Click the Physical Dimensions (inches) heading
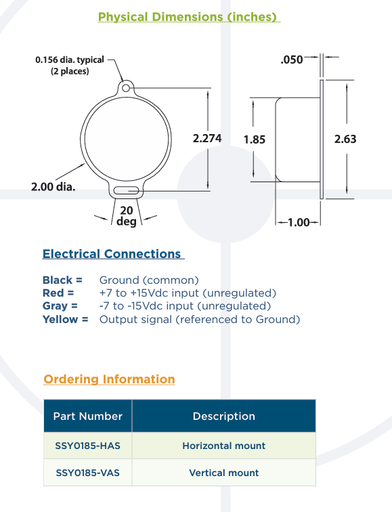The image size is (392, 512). pos(189,17)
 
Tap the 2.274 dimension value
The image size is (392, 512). pos(207,138)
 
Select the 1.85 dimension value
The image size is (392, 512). pos(255,140)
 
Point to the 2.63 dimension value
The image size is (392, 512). pos(345,139)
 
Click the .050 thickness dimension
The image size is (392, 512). pos(292,60)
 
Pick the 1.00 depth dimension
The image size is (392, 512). pos(299,222)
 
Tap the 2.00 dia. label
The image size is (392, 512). pos(53,187)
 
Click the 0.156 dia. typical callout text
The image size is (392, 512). pos(70,60)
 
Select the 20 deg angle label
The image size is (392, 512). pos(127,215)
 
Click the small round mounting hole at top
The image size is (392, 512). pos(126,88)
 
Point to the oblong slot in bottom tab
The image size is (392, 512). pos(126,190)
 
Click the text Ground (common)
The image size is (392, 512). pos(149,280)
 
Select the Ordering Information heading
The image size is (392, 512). pos(109,379)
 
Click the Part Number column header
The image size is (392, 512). pos(88,416)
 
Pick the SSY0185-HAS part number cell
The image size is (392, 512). pos(88,446)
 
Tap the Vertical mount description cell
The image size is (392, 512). pos(224,473)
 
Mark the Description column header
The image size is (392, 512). pos(224,416)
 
